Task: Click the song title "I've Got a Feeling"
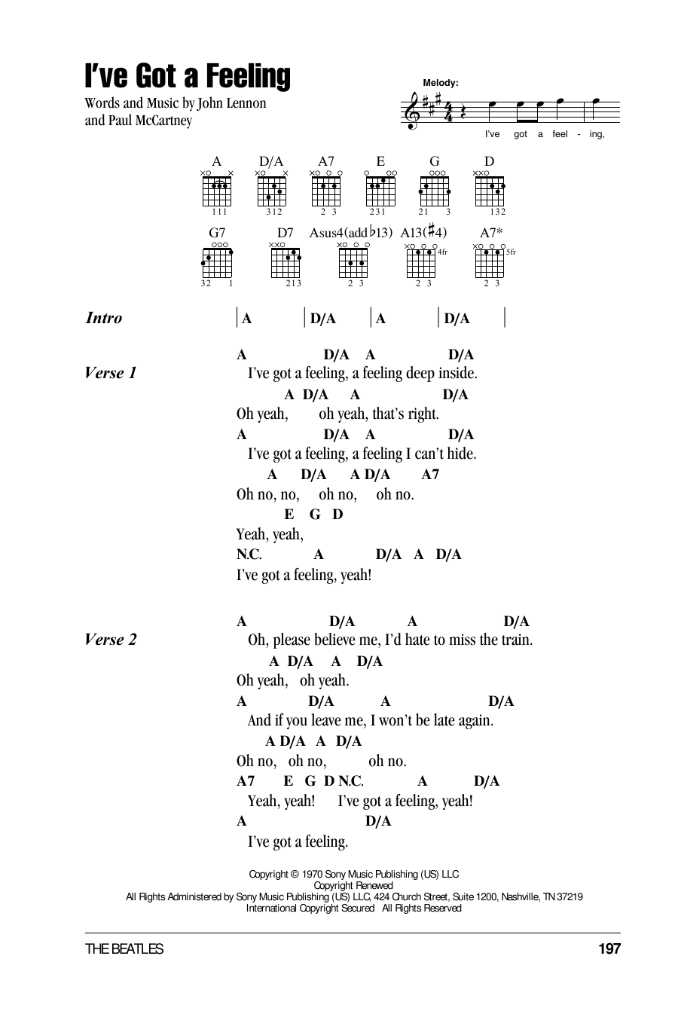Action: (x=188, y=76)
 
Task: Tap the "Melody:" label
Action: (x=441, y=83)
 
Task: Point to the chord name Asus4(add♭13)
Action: (x=350, y=233)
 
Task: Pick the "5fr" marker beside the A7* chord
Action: (x=511, y=252)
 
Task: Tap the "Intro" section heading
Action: (x=103, y=318)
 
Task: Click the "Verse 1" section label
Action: (x=110, y=373)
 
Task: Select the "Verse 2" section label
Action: (x=110, y=640)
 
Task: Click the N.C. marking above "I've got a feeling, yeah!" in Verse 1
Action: (x=249, y=554)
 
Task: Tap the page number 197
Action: (x=609, y=948)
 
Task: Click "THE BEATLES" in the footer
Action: (x=124, y=949)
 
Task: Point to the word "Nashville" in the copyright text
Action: (x=521, y=896)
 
